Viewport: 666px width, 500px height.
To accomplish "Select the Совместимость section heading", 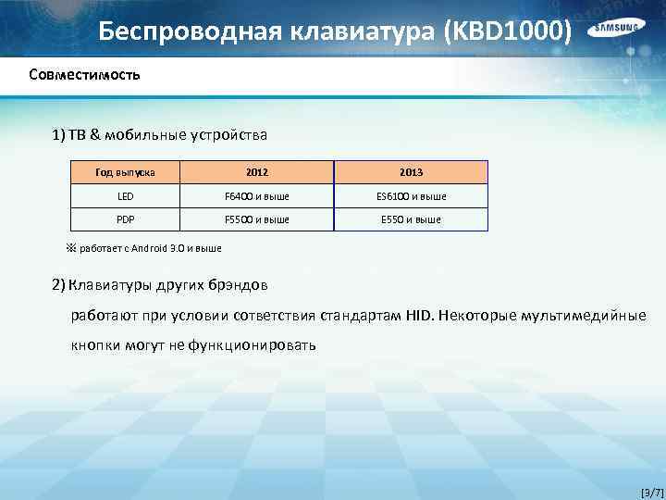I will click(84, 74).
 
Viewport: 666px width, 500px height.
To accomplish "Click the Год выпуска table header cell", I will click(125, 172).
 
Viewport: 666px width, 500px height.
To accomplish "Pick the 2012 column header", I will click(256, 172).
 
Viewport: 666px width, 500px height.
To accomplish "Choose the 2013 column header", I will click(411, 172).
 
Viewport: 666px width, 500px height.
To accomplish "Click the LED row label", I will click(125, 196).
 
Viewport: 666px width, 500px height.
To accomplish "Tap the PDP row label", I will click(125, 219).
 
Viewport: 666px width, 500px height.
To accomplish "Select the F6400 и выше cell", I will click(256, 196).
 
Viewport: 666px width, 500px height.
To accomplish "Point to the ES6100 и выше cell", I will click(411, 196).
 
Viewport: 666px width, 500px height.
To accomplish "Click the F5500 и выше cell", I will click(256, 219).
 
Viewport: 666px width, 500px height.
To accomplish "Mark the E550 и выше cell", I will click(411, 219).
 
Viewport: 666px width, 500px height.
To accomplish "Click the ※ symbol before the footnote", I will click(70, 248).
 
